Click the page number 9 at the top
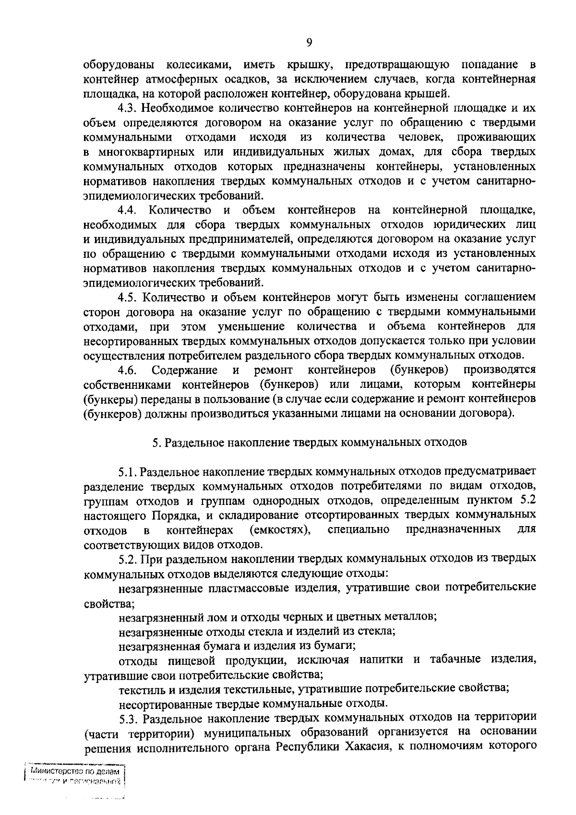(x=309, y=43)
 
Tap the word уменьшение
(x=251, y=326)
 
